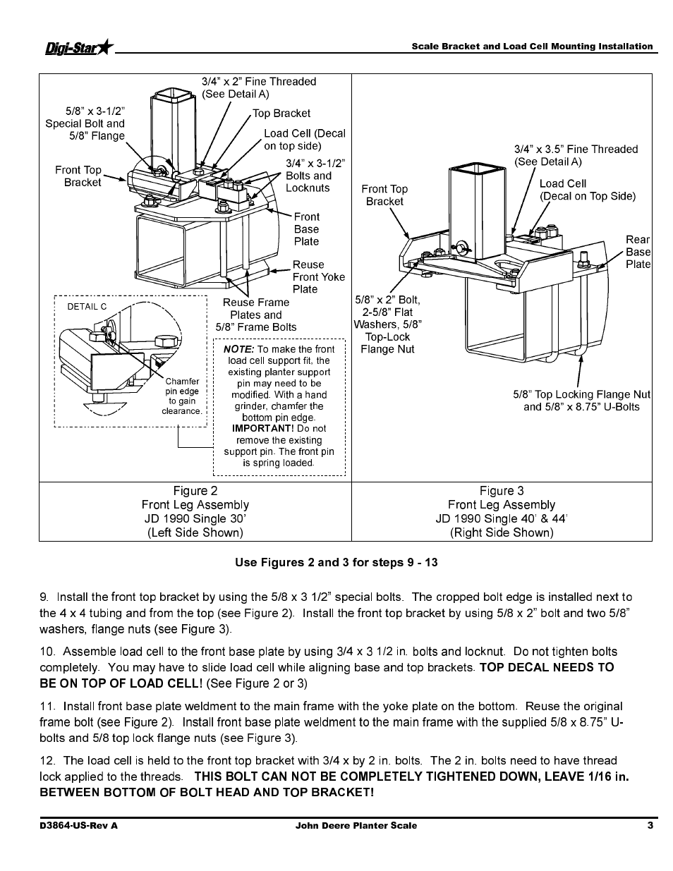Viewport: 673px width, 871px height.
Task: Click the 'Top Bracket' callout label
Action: [x=281, y=113]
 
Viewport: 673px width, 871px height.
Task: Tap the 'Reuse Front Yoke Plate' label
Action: [x=318, y=276]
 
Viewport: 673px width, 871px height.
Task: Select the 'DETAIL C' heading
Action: [x=87, y=307]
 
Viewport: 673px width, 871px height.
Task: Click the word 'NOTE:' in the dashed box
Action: [x=238, y=349]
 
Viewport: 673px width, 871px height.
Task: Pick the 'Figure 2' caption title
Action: [x=195, y=491]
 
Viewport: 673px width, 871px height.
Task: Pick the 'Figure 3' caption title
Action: [x=501, y=491]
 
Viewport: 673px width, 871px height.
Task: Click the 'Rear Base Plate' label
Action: [x=638, y=252]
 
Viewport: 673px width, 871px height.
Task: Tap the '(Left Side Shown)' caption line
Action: [x=195, y=532]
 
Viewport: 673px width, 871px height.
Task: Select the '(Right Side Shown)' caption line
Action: [x=501, y=532]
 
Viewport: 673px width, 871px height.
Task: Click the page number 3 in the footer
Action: [x=650, y=825]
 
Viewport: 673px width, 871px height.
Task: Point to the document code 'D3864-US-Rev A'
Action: [x=78, y=825]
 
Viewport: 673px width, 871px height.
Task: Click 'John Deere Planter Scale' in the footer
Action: [x=356, y=825]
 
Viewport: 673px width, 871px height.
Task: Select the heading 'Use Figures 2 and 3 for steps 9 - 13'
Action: [x=336, y=562]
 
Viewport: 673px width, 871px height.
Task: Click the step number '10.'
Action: [x=48, y=652]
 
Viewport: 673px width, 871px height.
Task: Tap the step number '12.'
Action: [x=48, y=760]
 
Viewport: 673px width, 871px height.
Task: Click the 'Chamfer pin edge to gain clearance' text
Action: [x=182, y=396]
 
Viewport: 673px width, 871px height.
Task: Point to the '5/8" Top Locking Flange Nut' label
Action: [x=581, y=394]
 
